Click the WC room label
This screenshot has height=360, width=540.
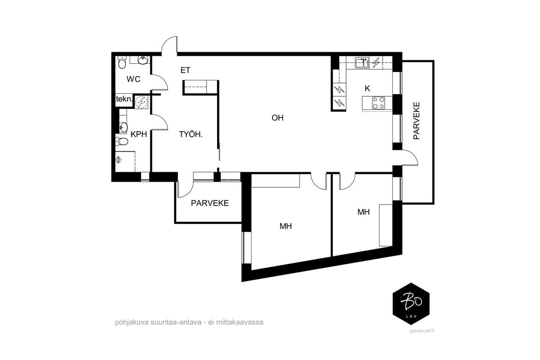(x=133, y=79)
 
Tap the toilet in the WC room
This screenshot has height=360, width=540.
(x=122, y=62)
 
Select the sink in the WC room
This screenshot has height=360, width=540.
(x=143, y=60)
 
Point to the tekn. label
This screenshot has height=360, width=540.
(x=124, y=99)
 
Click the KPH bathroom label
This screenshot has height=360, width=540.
(x=139, y=134)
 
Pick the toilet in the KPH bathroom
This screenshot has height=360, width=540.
(x=121, y=141)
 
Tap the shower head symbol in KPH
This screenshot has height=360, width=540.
(x=119, y=159)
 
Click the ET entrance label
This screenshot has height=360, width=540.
(x=185, y=70)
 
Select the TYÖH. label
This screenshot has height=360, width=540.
(x=191, y=134)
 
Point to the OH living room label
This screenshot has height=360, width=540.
(x=277, y=118)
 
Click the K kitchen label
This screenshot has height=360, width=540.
(x=367, y=89)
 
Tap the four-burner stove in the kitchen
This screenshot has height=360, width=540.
(x=379, y=102)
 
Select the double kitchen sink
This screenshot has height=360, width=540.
(x=362, y=63)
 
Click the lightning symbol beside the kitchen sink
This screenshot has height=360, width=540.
(x=376, y=63)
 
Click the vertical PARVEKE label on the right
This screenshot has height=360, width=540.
(x=417, y=121)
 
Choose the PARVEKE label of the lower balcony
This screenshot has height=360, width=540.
(x=210, y=203)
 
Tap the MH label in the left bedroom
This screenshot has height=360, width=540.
(x=286, y=226)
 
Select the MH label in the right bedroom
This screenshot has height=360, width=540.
(x=364, y=212)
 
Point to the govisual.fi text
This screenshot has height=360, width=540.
(x=422, y=331)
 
